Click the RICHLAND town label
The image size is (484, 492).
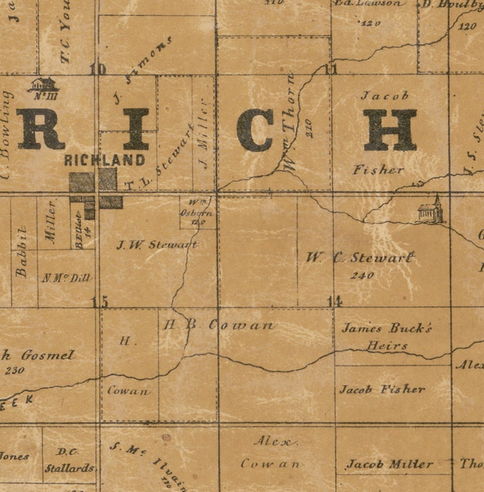coord(105,160)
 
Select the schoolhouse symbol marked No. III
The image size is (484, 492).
coord(43,85)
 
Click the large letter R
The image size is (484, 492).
coord(40,129)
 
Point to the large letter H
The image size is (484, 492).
coord(390,130)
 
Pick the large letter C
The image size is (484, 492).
coord(255,130)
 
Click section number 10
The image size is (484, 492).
coord(98,69)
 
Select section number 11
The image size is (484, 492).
coord(330,69)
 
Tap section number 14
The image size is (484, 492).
coord(333,301)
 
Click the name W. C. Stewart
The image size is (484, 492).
coord(360,258)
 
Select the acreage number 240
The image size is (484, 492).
coord(362,276)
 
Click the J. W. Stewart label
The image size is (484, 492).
coord(157,245)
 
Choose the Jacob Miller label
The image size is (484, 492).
coord(390,465)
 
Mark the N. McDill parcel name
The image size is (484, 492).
coord(66,278)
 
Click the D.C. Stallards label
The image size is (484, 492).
coord(69,461)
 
